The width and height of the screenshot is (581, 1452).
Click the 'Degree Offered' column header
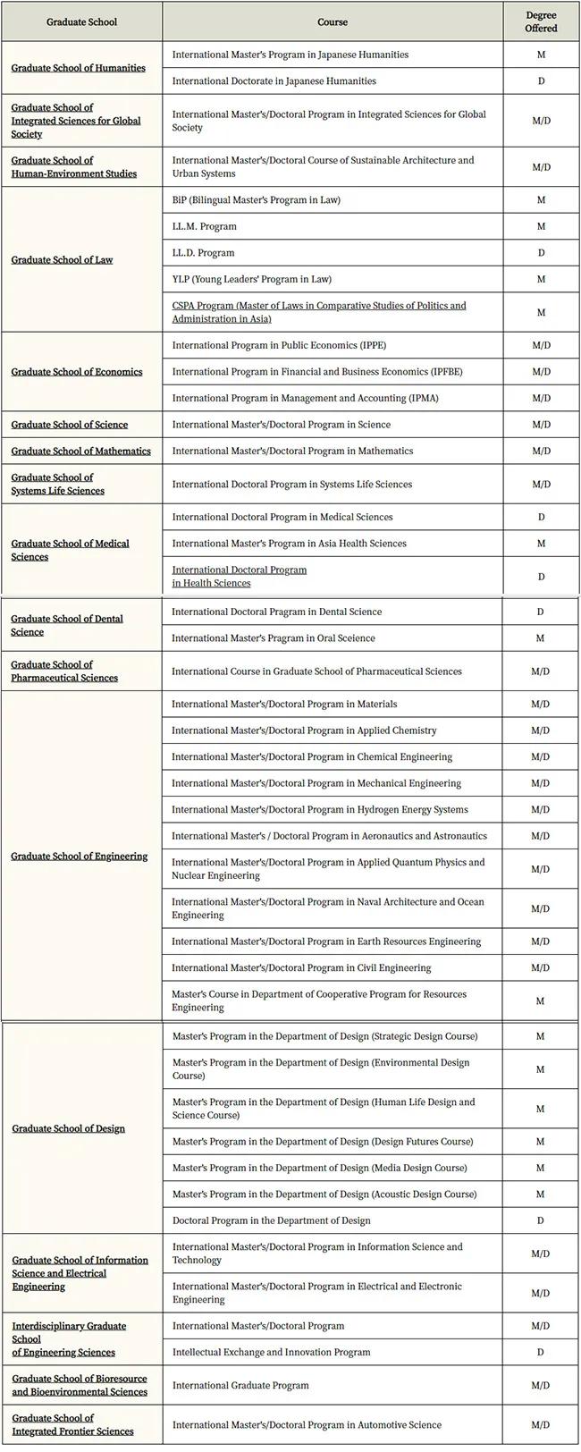click(541, 21)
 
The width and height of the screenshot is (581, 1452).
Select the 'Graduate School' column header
click(81, 21)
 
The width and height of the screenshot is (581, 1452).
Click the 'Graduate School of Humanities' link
click(78, 68)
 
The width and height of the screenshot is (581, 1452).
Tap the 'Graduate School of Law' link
click(62, 260)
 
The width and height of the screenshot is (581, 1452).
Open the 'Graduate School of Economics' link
click(76, 372)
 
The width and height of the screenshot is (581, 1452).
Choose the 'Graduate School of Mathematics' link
click(80, 452)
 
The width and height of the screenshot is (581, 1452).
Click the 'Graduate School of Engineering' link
click(79, 857)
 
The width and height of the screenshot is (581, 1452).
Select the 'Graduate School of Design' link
click(68, 1128)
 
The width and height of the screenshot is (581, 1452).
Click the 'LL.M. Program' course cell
click(205, 227)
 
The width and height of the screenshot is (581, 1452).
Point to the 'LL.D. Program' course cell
click(204, 253)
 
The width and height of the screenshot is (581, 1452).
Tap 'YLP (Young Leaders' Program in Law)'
click(251, 279)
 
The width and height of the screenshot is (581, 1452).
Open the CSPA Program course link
click(318, 312)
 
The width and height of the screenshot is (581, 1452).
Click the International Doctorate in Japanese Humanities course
click(274, 81)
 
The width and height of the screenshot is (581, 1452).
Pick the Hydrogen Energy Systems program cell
click(319, 810)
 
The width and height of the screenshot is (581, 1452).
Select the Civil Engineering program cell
click(301, 967)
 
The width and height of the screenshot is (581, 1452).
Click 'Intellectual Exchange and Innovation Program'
click(271, 1352)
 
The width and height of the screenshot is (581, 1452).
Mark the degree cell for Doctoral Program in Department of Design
click(540, 1220)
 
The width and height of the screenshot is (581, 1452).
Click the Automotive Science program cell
click(319, 1425)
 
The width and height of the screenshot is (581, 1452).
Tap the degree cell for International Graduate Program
click(540, 1385)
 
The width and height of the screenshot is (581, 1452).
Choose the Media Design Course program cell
click(319, 1168)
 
